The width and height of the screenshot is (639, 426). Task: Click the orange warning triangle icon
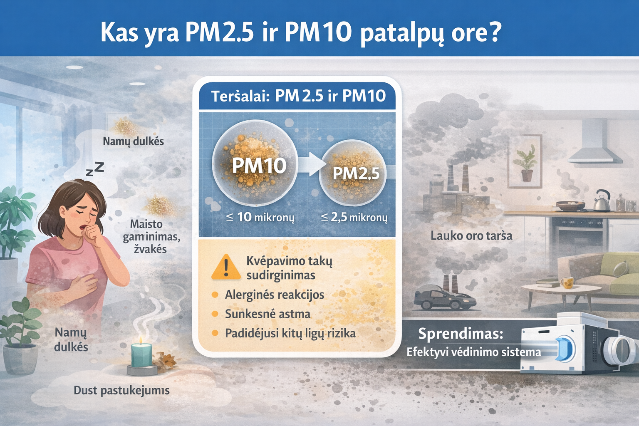click(226, 267)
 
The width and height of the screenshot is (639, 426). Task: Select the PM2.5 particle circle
click(353, 173)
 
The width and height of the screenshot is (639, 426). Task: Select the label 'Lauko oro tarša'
click(471, 236)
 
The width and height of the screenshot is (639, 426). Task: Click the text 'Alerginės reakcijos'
click(275, 295)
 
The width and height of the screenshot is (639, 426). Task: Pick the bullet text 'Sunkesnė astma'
click(267, 314)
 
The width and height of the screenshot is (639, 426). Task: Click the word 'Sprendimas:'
click(461, 334)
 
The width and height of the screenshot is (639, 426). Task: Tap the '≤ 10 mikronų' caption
click(260, 217)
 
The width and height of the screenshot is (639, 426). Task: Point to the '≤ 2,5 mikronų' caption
click(354, 217)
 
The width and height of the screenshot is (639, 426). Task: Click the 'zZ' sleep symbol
click(95, 169)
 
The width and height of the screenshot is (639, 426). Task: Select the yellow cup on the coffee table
click(567, 283)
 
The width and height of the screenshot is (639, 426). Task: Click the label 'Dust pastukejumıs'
click(121, 390)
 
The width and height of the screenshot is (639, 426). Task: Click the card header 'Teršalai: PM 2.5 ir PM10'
click(298, 96)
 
